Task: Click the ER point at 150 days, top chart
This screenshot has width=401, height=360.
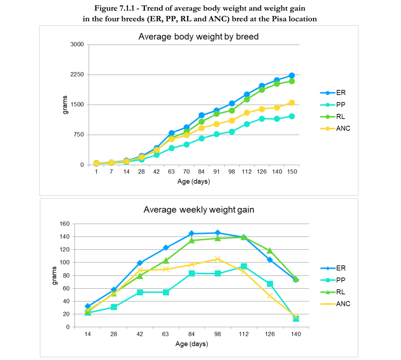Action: point(292,75)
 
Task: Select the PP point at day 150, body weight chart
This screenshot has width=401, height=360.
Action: point(292,116)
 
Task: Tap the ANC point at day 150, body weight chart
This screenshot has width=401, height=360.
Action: point(292,103)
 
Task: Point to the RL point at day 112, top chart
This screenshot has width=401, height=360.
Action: point(247,100)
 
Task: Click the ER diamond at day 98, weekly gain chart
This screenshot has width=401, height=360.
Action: point(218,233)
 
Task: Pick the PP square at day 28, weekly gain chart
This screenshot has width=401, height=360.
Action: point(114,307)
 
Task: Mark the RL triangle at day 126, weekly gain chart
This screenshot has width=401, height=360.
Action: point(269,251)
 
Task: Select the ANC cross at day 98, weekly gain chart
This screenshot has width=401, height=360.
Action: point(218,259)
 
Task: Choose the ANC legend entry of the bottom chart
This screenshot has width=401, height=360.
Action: point(335,304)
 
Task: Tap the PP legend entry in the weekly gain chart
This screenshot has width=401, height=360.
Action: point(333,280)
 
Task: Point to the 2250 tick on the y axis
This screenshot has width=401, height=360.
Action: point(77,74)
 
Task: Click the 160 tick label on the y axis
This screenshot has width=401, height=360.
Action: point(64,224)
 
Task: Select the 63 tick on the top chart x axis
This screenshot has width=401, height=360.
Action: point(171,172)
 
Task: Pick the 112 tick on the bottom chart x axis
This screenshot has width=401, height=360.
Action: point(244,334)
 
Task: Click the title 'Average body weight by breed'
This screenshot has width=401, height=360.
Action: point(198,37)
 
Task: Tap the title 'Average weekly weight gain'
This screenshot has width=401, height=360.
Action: point(199,210)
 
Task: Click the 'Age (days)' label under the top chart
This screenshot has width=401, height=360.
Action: point(194,182)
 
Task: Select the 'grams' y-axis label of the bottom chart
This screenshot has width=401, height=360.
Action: point(54,275)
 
